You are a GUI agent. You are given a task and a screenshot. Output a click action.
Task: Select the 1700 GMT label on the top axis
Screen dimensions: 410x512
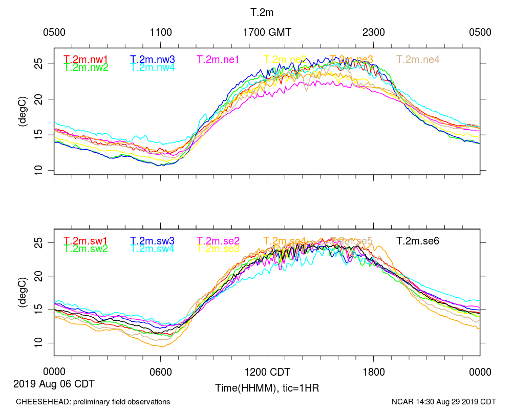click(267, 32)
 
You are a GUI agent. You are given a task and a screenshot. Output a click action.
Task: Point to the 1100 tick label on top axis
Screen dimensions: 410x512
click(161, 32)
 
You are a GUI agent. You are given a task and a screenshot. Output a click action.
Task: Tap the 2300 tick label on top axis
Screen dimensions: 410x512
click(374, 32)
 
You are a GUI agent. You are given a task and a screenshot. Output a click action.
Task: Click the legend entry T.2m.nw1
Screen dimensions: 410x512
click(86, 59)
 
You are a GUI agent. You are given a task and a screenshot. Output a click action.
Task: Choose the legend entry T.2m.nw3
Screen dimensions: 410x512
click(152, 59)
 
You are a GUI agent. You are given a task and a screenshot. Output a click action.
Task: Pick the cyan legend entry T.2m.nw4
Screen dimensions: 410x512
click(152, 67)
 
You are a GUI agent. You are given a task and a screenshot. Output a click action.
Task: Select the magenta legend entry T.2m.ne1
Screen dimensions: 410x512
click(219, 59)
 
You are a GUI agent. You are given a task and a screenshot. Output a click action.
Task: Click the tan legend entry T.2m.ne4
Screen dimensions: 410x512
click(418, 59)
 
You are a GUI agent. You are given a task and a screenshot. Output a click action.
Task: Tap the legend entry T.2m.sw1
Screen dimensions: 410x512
click(86, 240)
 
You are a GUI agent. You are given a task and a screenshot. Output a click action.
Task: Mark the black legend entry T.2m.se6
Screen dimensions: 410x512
click(418, 240)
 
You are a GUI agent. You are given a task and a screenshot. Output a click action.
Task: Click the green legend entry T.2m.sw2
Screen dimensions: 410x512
click(86, 249)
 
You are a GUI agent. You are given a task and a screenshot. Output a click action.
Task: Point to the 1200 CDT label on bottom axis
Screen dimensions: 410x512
click(267, 372)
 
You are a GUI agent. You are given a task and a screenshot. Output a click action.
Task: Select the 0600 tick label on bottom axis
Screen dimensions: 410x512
click(160, 372)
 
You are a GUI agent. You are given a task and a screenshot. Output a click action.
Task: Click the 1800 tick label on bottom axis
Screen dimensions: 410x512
click(374, 372)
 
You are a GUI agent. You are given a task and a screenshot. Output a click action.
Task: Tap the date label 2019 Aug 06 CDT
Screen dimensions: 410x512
click(54, 383)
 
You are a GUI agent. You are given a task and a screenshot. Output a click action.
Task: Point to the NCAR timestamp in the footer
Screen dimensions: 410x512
click(444, 402)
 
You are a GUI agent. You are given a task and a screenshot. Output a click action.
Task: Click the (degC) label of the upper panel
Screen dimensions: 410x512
click(22, 111)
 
